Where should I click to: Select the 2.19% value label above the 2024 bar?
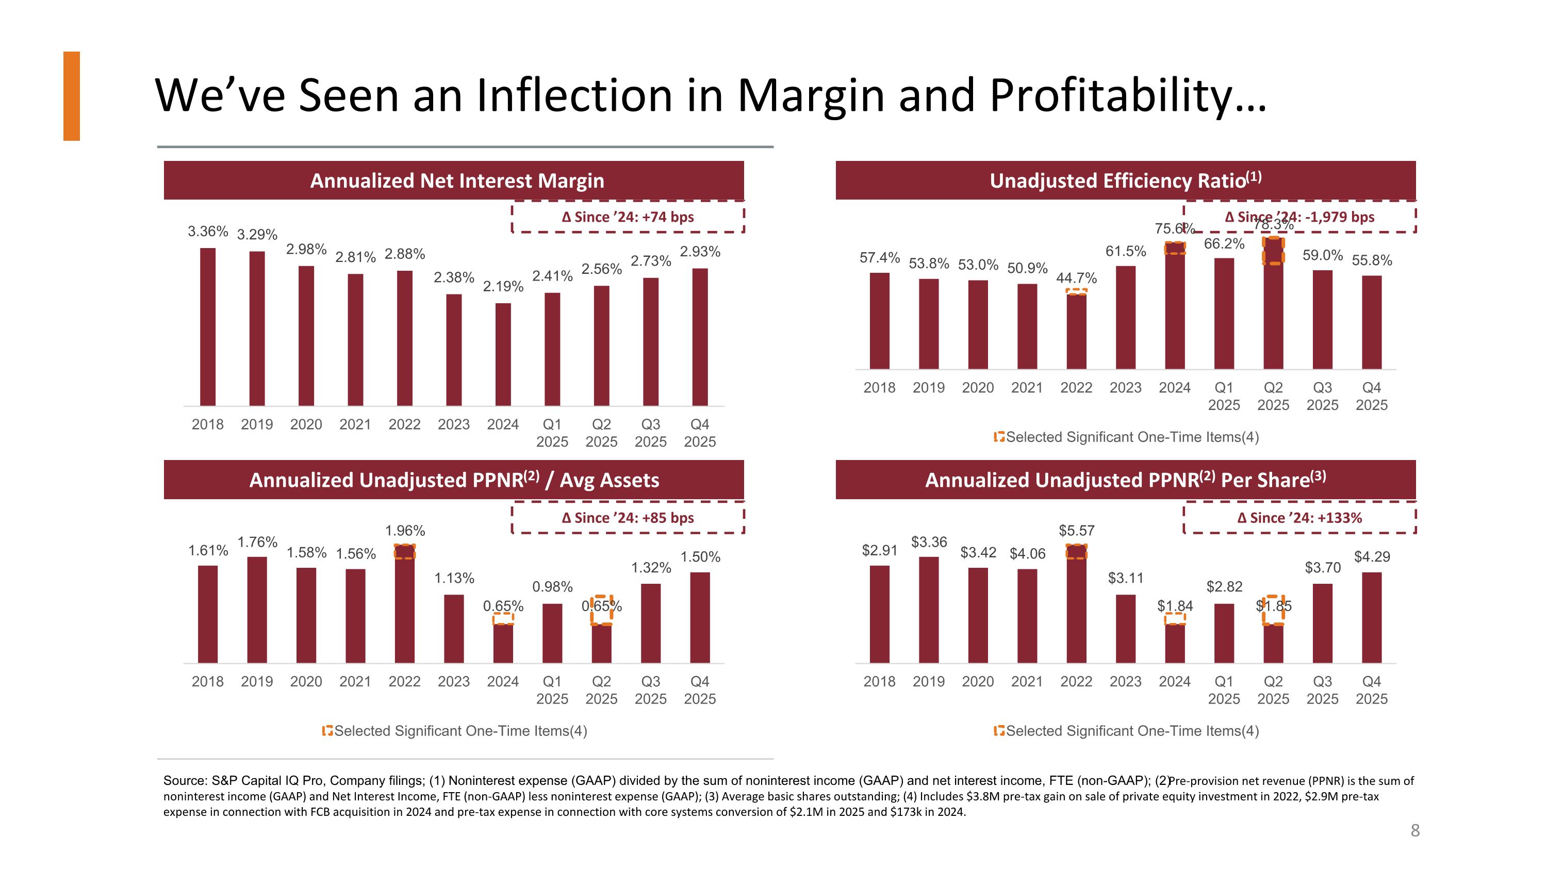point(503,286)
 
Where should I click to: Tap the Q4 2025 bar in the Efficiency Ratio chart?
point(1372,322)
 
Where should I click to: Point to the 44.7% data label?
point(1076,278)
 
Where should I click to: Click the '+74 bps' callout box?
point(628,217)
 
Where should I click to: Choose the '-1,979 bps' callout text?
point(1299,217)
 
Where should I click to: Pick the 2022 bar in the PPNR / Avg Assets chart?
point(405,603)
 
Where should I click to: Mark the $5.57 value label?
point(1076,531)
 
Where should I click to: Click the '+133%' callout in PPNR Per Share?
point(1299,518)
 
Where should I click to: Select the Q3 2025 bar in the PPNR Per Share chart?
point(1322,623)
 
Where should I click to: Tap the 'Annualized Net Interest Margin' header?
point(456,180)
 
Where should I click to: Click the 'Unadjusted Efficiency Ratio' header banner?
point(1125,180)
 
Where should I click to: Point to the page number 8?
point(1415,830)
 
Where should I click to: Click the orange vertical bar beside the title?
point(72,96)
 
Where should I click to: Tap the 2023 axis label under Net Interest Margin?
point(453,424)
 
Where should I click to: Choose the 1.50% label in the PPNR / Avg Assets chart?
point(700,556)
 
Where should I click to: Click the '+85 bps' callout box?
point(628,518)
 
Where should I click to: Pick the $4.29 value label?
point(1372,556)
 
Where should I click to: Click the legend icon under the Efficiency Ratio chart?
point(999,437)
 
